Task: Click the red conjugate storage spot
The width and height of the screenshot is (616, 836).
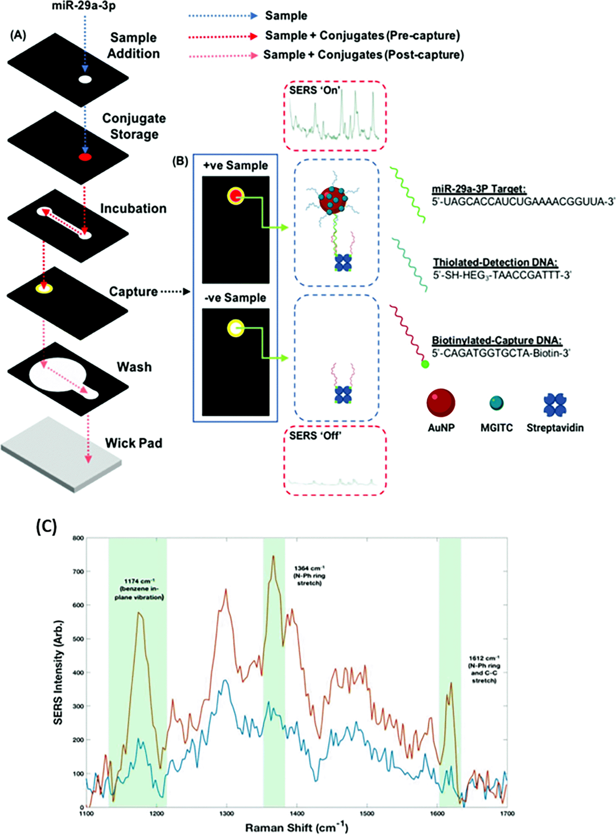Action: (85, 157)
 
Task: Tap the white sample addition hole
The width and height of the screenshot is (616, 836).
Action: (85, 79)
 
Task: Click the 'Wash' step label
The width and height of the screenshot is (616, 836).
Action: (134, 367)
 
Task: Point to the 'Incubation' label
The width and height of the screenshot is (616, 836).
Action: (133, 208)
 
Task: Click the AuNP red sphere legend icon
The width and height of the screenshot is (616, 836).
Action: (441, 402)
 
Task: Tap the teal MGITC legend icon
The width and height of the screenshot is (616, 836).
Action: (496, 403)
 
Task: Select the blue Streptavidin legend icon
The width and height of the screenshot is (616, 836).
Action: (555, 404)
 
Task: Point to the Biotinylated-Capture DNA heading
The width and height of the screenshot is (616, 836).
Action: (497, 341)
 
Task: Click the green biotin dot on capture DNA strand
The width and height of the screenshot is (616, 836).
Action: (425, 364)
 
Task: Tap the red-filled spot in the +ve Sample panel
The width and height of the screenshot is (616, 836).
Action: (236, 196)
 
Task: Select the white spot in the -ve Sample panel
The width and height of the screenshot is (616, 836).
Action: (236, 328)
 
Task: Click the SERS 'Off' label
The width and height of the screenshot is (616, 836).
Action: (315, 436)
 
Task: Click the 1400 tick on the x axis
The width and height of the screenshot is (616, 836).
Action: (297, 814)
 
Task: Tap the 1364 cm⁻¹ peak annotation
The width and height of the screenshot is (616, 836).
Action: (309, 575)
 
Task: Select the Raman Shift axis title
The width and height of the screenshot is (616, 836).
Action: (297, 828)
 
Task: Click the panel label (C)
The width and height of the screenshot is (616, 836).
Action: (46, 526)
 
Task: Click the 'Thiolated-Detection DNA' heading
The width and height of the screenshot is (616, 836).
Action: (495, 262)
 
